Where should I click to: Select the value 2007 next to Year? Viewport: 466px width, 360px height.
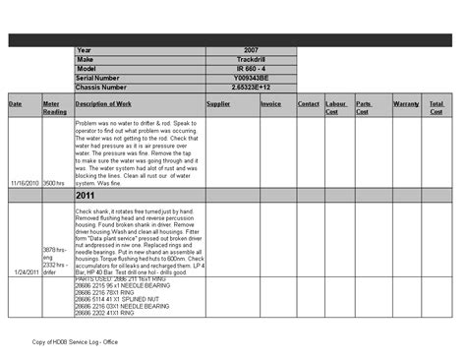coord(251,50)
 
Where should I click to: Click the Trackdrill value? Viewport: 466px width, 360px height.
coord(251,59)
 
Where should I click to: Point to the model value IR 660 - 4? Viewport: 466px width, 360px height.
coord(251,68)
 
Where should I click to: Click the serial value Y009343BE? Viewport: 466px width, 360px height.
coord(251,77)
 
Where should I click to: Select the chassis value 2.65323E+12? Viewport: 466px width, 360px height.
coord(251,87)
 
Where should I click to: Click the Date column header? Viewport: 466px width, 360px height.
coord(16,103)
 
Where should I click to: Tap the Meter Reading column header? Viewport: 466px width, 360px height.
coord(55,107)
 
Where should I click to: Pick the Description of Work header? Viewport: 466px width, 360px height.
coord(103,103)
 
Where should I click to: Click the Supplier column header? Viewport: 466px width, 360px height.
coord(218,103)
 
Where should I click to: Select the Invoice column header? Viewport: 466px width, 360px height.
coord(271,103)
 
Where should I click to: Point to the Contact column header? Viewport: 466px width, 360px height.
coord(309,103)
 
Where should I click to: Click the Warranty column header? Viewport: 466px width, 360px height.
coord(406,103)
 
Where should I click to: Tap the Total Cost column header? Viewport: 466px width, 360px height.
coord(437,107)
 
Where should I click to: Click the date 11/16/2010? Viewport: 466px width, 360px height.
coord(25,183)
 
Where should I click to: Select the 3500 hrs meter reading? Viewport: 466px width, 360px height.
coord(56,183)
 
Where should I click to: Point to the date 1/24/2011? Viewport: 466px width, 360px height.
coord(27,271)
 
